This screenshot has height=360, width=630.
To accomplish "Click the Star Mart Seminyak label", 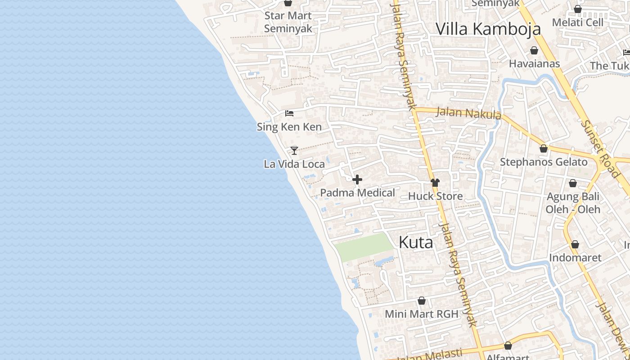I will (288, 22).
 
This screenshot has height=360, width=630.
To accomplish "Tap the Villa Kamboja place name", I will (488, 29).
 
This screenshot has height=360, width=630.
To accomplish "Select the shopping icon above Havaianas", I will (534, 50).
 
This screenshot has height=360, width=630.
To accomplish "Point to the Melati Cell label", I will (577, 22).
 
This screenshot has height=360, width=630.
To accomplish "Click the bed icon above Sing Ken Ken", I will (289, 113).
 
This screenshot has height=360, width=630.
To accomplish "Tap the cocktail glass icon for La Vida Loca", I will (294, 150).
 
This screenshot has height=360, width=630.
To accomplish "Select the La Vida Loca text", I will (294, 164).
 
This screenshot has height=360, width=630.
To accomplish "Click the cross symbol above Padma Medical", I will (357, 180).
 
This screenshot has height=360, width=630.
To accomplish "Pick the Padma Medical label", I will (357, 193).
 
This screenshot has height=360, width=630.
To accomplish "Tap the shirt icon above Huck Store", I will (435, 183).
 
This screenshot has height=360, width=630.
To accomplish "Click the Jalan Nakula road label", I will (468, 112).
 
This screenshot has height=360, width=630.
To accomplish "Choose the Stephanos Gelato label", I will (544, 162).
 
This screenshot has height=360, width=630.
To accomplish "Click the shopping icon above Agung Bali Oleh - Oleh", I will (573, 183).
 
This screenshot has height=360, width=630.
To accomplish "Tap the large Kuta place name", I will (416, 243).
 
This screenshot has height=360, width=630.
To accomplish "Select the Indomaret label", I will (575, 258).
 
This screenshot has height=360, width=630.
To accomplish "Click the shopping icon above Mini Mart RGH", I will (422, 301).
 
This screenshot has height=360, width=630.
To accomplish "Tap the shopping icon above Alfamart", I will (508, 346).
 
